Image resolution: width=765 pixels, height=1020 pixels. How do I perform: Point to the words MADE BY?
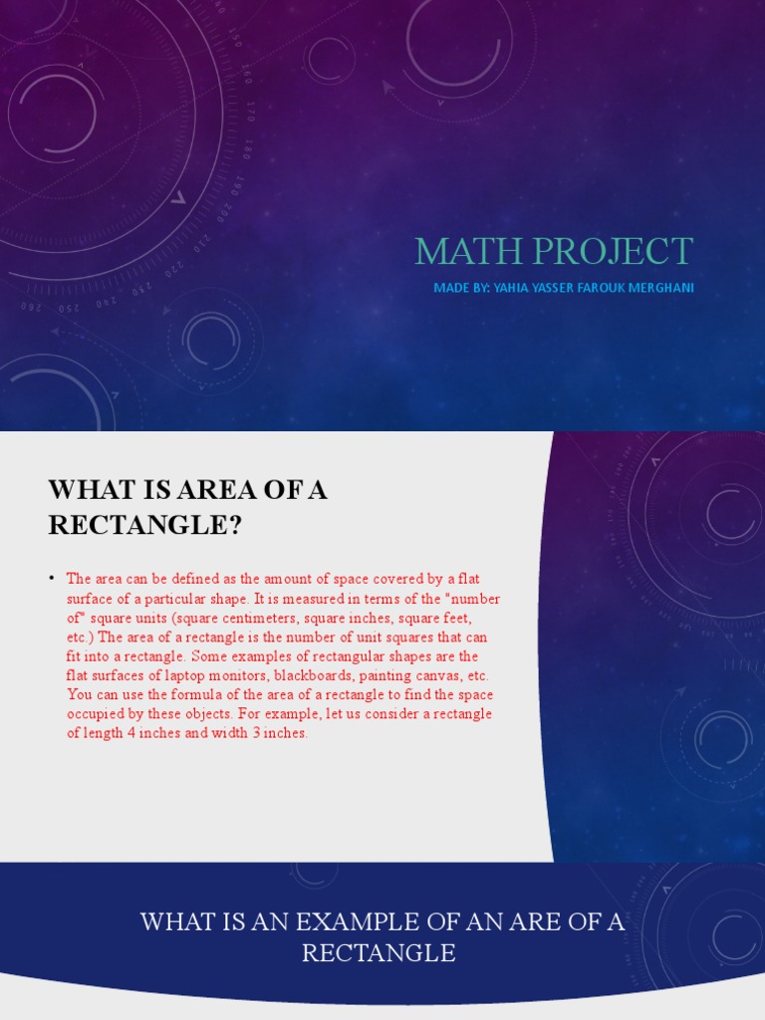coord(461,288)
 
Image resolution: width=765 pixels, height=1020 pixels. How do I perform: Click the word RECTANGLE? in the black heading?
coord(145,525)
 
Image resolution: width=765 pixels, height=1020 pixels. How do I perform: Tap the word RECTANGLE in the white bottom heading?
coord(379,953)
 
